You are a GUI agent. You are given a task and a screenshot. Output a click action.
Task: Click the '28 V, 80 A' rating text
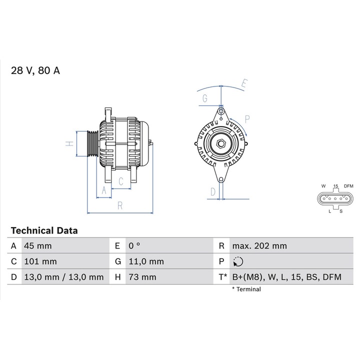point(35,70)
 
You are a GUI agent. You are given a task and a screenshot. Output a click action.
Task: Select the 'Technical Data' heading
point(44,230)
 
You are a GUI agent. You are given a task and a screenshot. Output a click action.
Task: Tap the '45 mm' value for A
point(37,245)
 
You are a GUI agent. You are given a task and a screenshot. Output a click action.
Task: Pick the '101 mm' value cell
point(40,261)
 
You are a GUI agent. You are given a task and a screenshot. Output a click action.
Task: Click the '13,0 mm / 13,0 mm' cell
point(63,276)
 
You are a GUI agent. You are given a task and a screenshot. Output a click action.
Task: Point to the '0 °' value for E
point(134,245)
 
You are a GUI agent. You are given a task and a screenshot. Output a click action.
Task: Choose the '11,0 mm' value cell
point(146,261)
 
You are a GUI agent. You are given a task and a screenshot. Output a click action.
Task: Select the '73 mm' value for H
point(142,276)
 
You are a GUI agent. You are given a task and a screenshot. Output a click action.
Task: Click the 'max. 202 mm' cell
point(259,245)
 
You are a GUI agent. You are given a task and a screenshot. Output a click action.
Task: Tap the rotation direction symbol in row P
point(237,261)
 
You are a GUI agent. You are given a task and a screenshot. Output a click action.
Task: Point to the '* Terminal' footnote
point(246,289)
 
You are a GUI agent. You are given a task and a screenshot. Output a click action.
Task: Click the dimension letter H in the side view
point(70,144)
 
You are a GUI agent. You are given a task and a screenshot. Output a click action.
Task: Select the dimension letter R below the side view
point(120,205)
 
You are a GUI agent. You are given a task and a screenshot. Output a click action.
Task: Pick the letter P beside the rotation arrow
point(247,119)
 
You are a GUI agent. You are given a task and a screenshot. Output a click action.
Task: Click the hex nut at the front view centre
point(221,144)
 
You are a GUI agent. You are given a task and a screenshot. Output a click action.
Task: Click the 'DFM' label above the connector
point(348,186)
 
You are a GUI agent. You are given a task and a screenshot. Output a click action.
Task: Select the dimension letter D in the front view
point(212,191)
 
